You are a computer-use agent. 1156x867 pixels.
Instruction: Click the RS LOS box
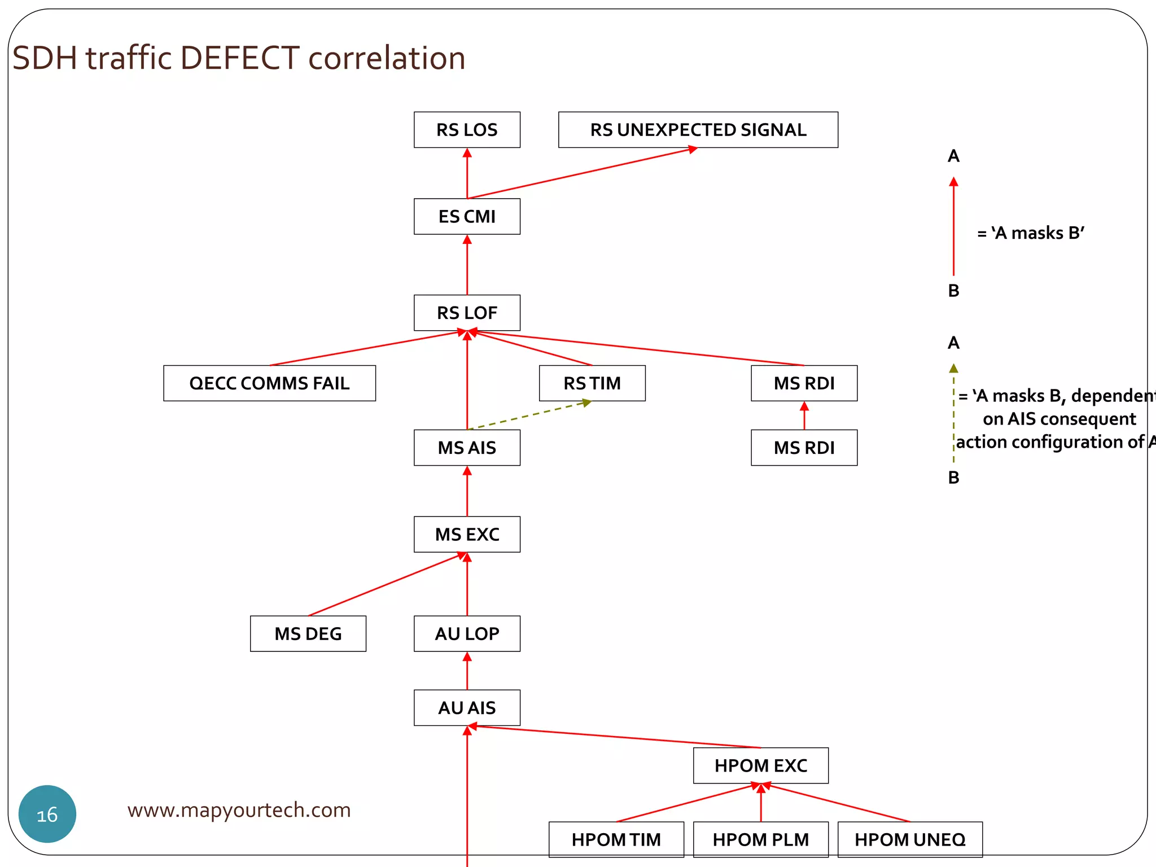[467, 130]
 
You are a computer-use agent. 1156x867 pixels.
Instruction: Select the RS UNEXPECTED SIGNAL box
[698, 130]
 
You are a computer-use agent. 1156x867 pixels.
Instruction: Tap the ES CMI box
[467, 216]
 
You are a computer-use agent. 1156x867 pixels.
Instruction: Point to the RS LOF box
[467, 313]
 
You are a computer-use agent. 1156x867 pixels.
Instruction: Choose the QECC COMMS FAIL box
[269, 383]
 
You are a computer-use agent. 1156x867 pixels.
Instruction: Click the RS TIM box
[592, 383]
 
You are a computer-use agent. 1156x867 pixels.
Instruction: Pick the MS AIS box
[467, 448]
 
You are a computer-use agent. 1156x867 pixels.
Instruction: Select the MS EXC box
[467, 534]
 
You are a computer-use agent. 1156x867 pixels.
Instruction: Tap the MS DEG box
[308, 633]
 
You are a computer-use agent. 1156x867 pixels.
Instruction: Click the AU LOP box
[467, 633]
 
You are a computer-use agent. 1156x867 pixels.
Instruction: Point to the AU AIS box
[467, 707]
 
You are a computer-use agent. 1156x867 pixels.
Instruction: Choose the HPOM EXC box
[760, 765]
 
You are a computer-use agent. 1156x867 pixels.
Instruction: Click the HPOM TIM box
[616, 839]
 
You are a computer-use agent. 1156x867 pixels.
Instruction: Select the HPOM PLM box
[760, 839]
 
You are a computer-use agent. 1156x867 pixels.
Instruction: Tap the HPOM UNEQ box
[910, 839]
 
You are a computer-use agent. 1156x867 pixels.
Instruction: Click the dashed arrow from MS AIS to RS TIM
[529, 415]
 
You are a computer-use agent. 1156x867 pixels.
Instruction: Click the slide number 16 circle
[47, 814]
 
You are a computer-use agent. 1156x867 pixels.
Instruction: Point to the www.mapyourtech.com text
[239, 810]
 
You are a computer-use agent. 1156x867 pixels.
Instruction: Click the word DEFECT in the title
[240, 58]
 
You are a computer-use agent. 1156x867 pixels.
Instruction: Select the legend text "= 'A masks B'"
[1031, 233]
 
